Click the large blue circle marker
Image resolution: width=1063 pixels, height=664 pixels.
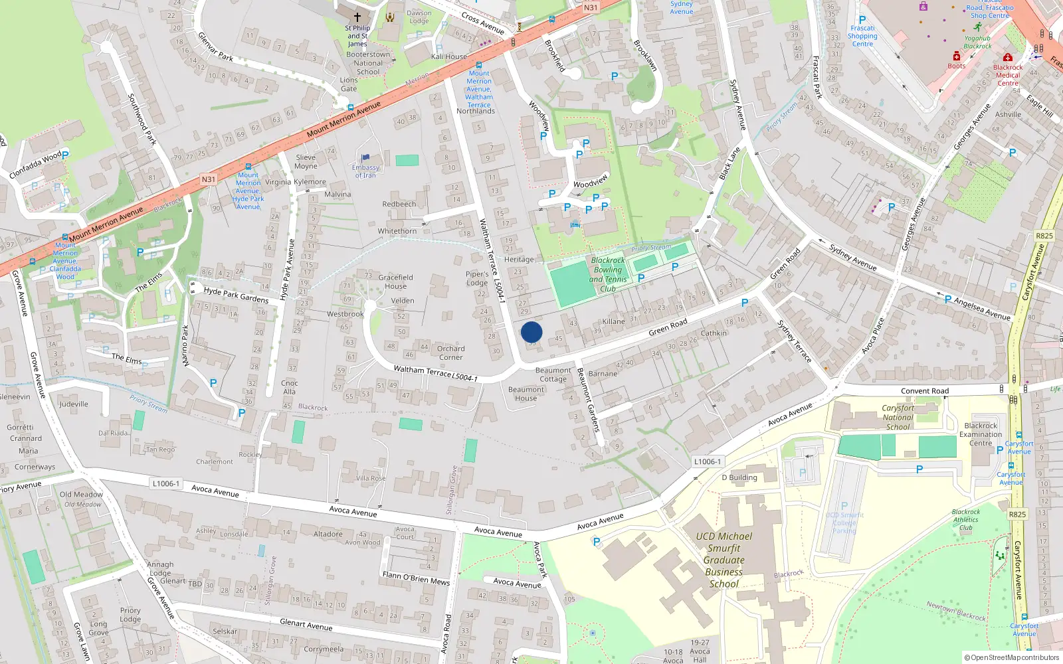(x=531, y=332)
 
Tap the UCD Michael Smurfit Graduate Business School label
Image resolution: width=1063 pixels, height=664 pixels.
(x=724, y=560)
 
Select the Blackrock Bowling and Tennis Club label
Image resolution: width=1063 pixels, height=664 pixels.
(x=608, y=274)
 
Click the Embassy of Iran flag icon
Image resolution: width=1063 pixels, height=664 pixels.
(x=365, y=158)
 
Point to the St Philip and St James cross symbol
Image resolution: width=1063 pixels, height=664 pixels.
(x=357, y=17)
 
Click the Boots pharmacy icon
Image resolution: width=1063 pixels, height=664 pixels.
(x=956, y=56)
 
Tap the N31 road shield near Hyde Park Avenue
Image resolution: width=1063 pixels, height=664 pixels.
(x=209, y=179)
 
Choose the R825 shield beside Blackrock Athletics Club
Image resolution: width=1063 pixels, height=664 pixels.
(x=1017, y=514)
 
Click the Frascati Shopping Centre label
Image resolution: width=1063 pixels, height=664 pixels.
(x=862, y=36)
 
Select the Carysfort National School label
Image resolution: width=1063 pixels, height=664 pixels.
(x=898, y=418)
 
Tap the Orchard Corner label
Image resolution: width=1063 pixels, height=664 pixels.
(x=450, y=353)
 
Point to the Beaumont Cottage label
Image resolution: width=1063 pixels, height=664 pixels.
(x=553, y=374)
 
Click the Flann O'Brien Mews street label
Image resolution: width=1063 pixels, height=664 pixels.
(x=416, y=578)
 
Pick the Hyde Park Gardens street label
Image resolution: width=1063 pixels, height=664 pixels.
(x=236, y=295)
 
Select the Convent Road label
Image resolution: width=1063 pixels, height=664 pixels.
(x=925, y=391)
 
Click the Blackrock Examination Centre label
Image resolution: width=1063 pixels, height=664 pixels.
(x=981, y=434)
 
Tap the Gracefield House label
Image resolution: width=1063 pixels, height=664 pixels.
(x=395, y=282)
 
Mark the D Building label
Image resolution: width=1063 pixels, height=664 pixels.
(x=739, y=477)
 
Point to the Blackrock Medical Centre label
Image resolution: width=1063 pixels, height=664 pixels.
(x=1008, y=75)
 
